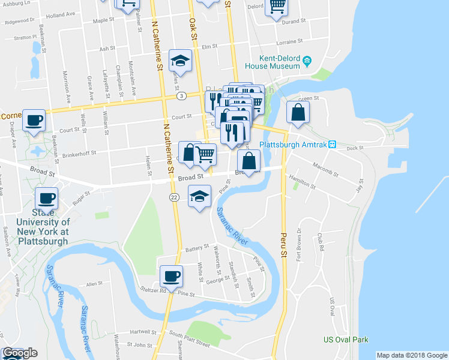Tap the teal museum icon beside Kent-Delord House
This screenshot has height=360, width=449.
[307, 61]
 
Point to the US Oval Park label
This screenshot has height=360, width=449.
[345, 340]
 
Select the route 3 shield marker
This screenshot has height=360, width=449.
[180, 96]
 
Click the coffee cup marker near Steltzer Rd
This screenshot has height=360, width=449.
[171, 276]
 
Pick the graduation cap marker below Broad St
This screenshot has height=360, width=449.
[200, 196]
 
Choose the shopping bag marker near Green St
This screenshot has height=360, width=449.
[298, 112]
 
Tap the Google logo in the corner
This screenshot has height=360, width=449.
[20, 353]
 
